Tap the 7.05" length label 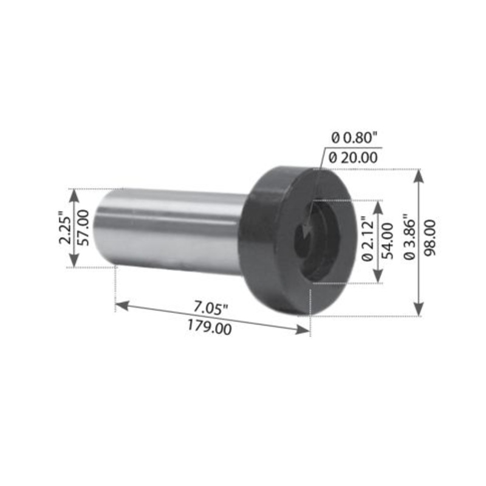pyautogui.click(x=210, y=307)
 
